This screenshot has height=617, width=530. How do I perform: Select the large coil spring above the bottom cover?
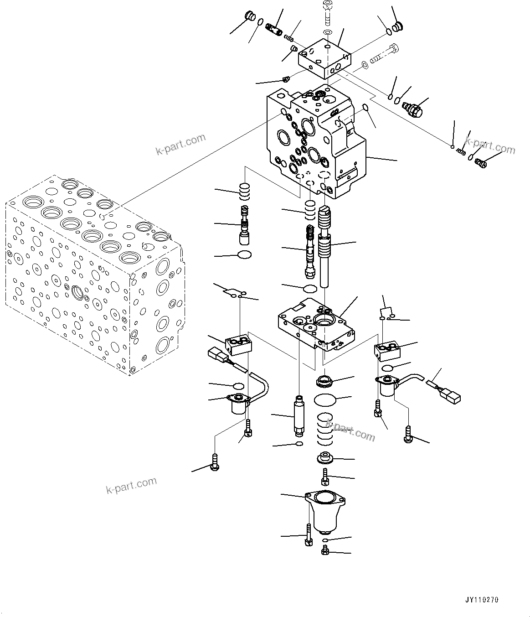(x=325, y=429)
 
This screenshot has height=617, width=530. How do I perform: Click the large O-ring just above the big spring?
(x=325, y=400)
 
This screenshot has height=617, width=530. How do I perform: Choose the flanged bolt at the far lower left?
(x=213, y=462)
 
